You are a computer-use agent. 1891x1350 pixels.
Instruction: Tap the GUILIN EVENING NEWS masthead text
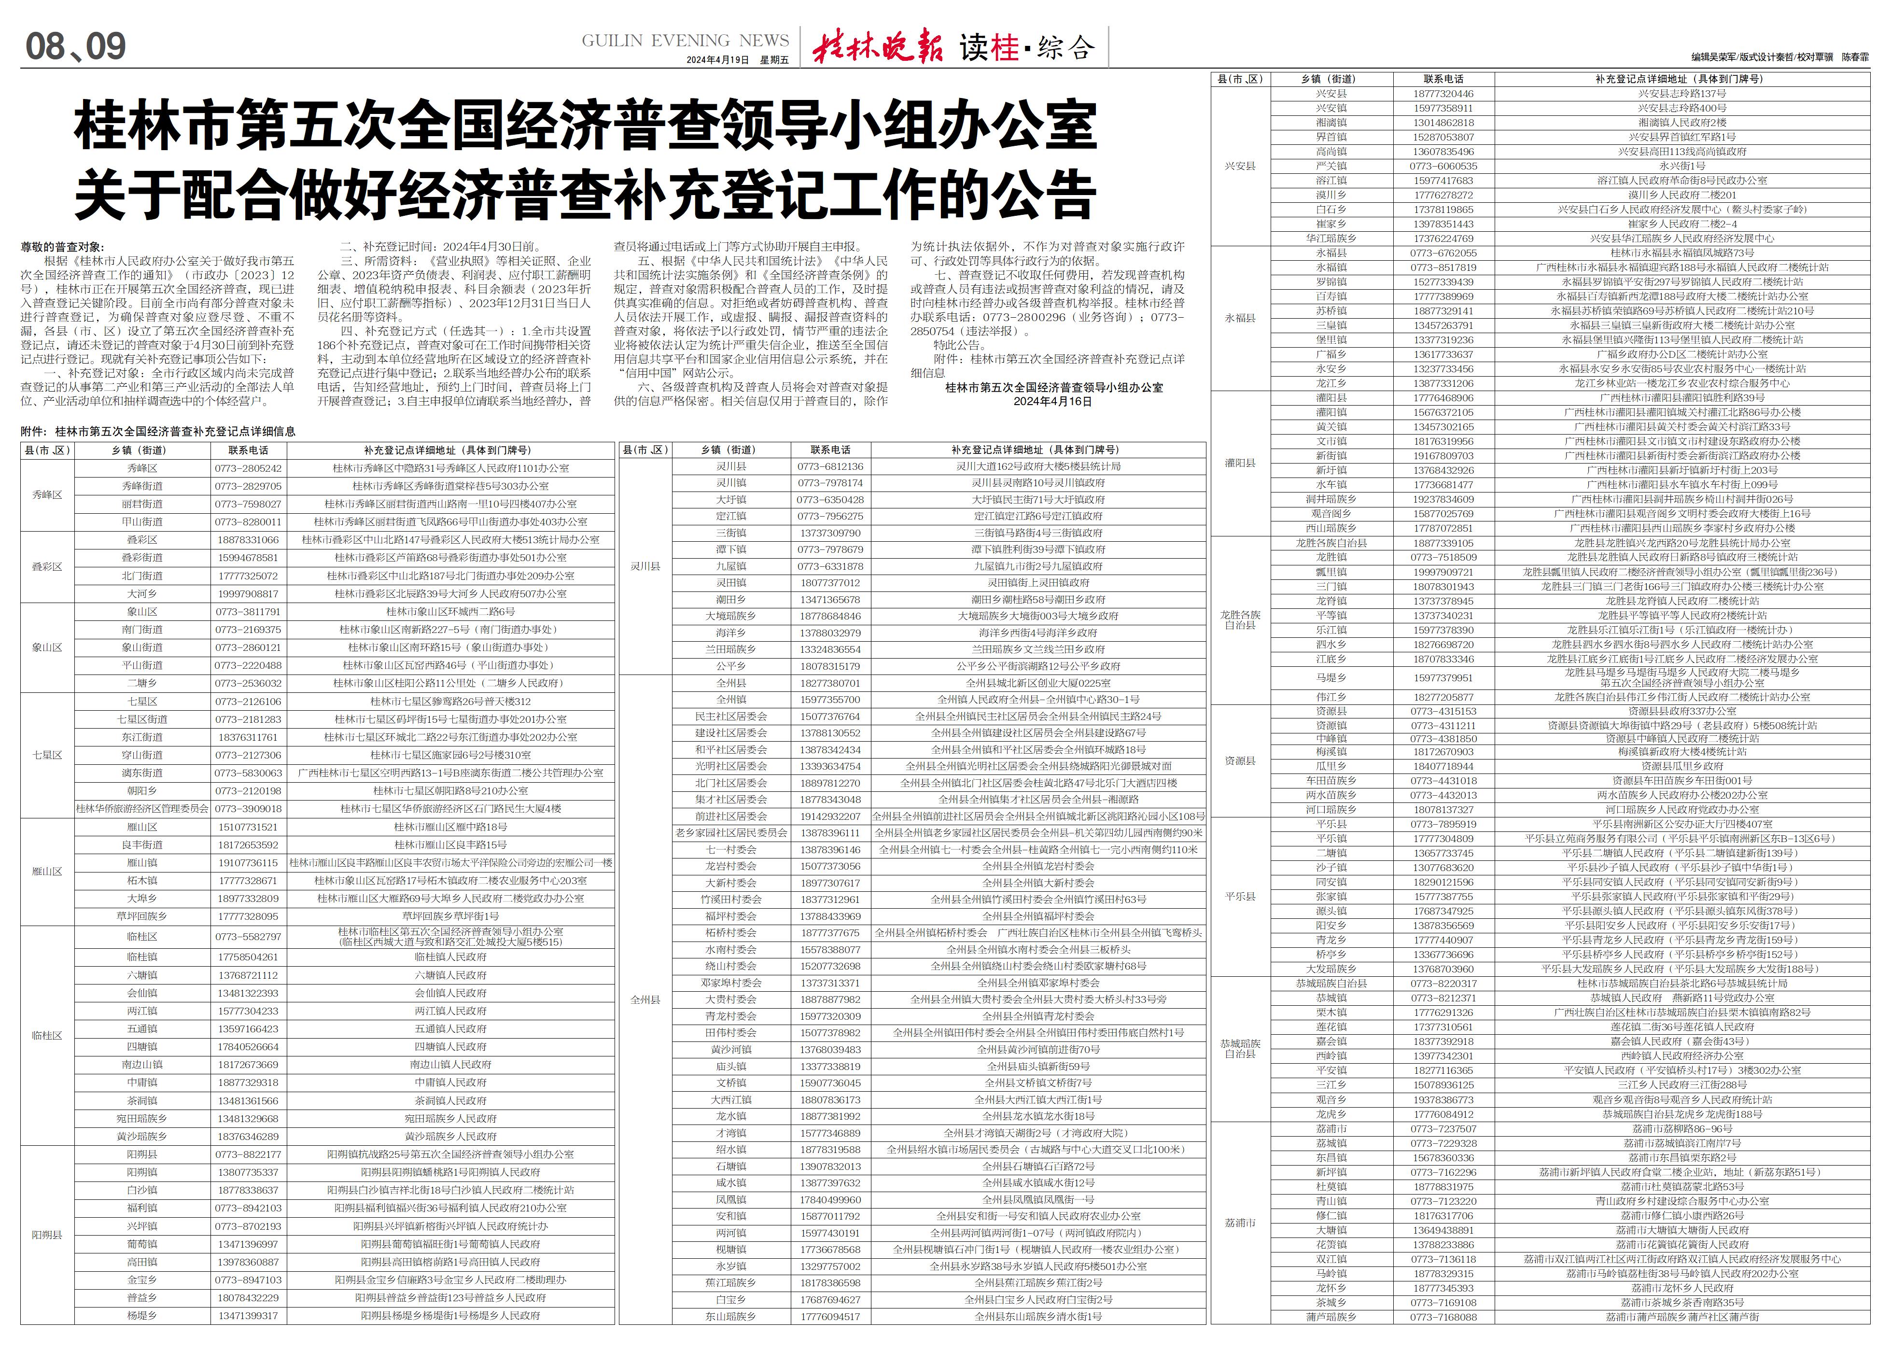point(685,41)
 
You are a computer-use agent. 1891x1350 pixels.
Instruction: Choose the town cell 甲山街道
point(142,522)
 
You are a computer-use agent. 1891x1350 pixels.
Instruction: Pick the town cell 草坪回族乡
point(142,916)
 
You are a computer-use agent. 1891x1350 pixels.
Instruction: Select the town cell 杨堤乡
point(142,1316)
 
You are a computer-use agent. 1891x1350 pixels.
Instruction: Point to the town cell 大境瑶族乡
point(730,616)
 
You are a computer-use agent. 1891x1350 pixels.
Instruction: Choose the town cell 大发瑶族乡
point(1331,969)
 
